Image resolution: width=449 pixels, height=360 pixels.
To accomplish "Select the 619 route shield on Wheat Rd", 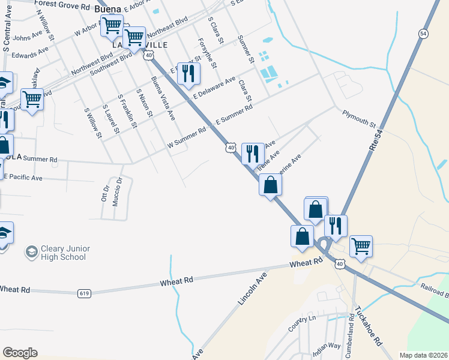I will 84,293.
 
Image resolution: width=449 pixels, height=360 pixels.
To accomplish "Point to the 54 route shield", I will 423,34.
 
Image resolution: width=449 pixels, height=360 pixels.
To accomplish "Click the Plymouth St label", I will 359,119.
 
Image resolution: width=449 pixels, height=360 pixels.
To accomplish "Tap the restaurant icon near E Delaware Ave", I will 188,74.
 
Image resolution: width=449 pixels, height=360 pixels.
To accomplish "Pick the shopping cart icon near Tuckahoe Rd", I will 361,245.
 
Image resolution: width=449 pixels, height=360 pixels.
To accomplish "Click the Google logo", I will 20,353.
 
